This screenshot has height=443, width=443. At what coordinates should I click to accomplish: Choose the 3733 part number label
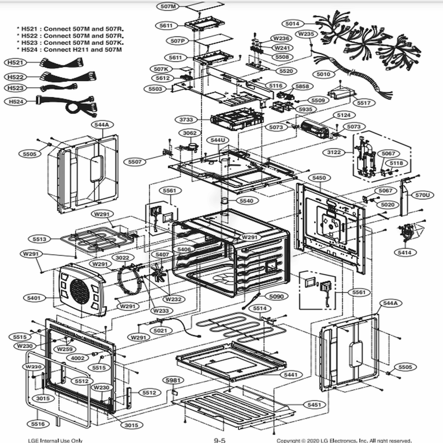click(x=186, y=120)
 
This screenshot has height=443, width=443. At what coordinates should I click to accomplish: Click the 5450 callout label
click(x=319, y=178)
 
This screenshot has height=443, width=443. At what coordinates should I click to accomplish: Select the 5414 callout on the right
click(x=405, y=253)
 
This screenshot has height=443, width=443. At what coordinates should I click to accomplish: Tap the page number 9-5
click(x=220, y=440)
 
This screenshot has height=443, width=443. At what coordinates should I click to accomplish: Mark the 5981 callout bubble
click(x=174, y=381)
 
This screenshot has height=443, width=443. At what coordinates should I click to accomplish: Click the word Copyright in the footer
click(x=290, y=440)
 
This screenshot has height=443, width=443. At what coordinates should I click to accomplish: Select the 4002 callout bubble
click(x=78, y=358)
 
